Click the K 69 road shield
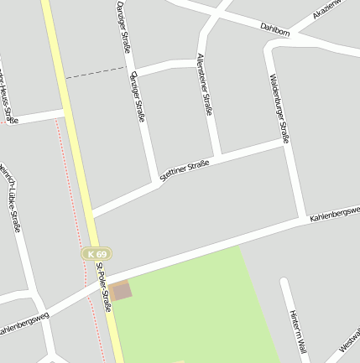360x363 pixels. click(x=97, y=253)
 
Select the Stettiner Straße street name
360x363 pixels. click(x=183, y=170)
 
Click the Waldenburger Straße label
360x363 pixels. click(x=279, y=108)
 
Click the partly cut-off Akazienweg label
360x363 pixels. click(x=329, y=9)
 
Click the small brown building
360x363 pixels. click(x=121, y=291)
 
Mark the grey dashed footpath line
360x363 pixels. click(x=94, y=73)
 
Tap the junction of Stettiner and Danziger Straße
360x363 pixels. click(x=155, y=183)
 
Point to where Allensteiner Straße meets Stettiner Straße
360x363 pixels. click(x=219, y=157)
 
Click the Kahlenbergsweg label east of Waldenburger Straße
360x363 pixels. click(x=334, y=214)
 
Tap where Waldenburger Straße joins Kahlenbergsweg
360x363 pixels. click(x=303, y=220)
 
